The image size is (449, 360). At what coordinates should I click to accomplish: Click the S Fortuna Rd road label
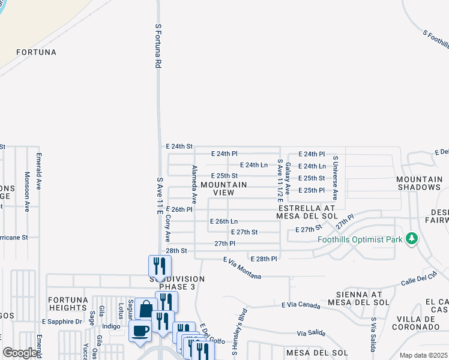(158, 46)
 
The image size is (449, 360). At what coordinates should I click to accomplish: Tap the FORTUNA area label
(37, 52)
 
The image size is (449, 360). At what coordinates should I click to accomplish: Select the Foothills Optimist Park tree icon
(411, 239)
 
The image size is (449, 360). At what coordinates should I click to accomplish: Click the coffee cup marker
(140, 331)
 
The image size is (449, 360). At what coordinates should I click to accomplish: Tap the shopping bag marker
(146, 309)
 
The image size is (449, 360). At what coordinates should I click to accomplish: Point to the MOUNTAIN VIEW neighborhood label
(224, 189)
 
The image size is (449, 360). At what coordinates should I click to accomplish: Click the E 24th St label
(179, 146)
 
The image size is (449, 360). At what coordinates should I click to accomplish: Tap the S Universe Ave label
(336, 178)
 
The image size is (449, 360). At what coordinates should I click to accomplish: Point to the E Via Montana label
(242, 268)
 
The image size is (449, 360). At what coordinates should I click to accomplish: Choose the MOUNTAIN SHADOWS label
(419, 184)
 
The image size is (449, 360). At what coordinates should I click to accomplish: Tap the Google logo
(20, 353)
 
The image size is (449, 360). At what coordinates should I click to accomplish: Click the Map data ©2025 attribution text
(423, 355)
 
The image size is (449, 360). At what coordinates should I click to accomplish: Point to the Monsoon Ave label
(27, 192)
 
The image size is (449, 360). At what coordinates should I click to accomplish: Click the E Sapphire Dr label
(62, 322)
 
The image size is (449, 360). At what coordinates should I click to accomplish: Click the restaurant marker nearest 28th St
(160, 266)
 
